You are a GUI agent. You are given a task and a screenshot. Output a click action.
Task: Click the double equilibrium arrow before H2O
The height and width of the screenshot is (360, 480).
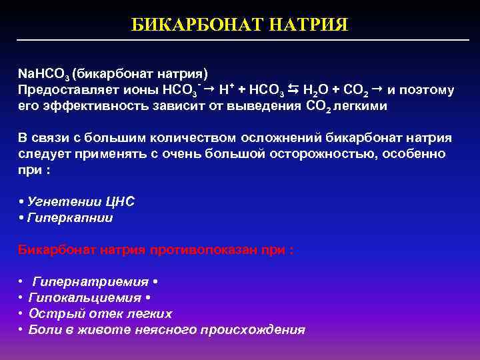click(294, 89)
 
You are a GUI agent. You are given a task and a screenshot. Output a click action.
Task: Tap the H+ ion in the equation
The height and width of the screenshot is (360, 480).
click(226, 89)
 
